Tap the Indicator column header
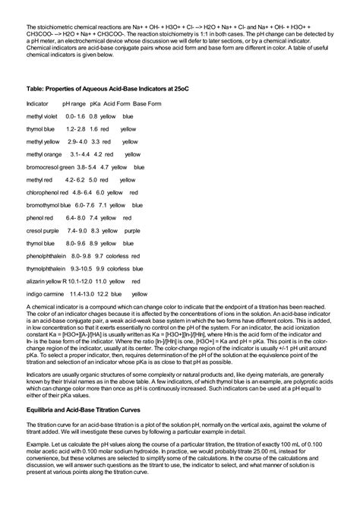pos(37,102)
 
